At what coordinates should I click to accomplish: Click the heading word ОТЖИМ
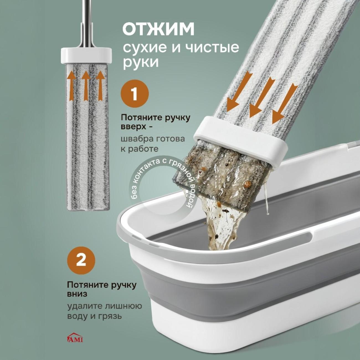coord(158,30)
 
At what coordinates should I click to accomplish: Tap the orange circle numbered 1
coord(135,93)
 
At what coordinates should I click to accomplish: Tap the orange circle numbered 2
coord(81,261)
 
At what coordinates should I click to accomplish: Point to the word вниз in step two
coord(77,294)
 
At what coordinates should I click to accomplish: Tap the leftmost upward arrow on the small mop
coord(71,87)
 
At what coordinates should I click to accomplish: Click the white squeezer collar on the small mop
coord(86,55)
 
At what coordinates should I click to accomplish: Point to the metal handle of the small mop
coord(86,23)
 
